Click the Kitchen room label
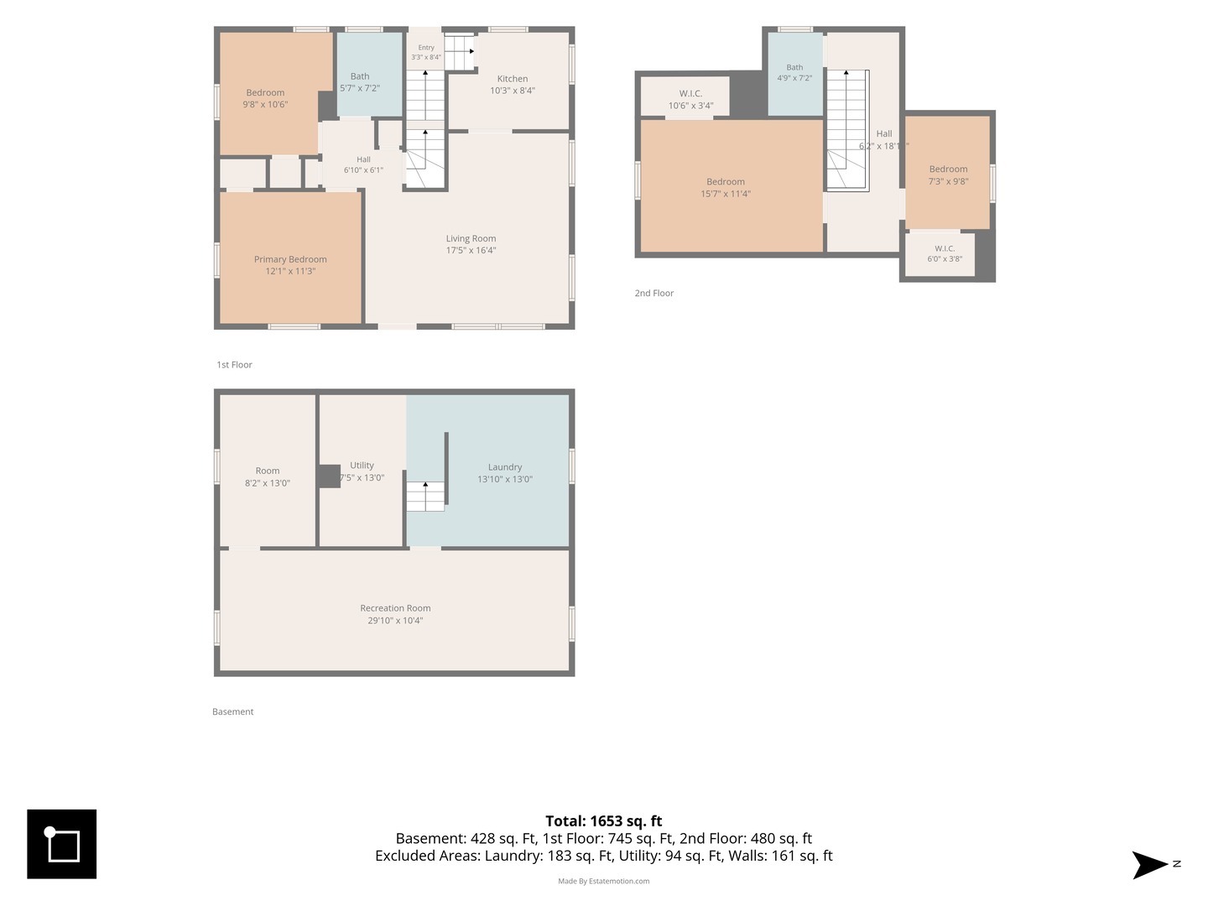512,79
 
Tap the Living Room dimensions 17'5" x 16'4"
471,250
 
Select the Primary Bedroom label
290,259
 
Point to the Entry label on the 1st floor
426,48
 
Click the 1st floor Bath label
360,76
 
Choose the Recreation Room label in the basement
395,608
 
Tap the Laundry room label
505,467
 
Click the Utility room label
362,466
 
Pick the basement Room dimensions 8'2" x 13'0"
268,483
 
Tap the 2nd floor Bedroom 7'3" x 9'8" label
948,169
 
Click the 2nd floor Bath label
794,67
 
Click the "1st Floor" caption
234,365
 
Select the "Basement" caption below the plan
233,711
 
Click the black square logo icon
61,844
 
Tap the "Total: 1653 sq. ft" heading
604,820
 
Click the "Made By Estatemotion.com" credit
604,881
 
